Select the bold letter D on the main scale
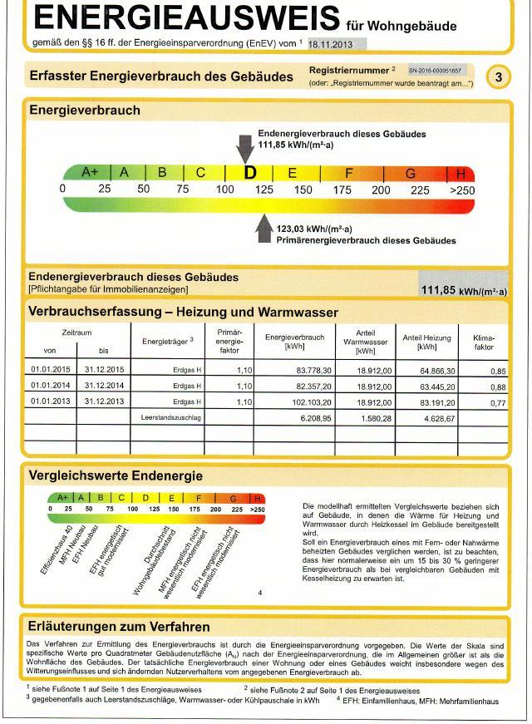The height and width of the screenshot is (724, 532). click(x=249, y=173)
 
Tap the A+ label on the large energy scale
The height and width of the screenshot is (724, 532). click(x=90, y=172)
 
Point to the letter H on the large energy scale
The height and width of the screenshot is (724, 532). click(x=461, y=173)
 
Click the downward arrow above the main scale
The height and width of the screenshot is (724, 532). click(x=244, y=147)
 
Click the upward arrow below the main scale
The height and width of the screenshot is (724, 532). click(x=264, y=228)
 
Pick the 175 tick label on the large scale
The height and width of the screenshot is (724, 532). click(x=342, y=190)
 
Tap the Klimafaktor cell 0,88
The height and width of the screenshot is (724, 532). click(x=496, y=387)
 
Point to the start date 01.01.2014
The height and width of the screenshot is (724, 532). click(x=51, y=386)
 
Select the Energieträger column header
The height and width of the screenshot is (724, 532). click(x=167, y=341)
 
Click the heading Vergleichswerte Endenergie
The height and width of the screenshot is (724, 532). click(x=116, y=476)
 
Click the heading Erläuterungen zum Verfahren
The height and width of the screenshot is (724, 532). click(x=119, y=627)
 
